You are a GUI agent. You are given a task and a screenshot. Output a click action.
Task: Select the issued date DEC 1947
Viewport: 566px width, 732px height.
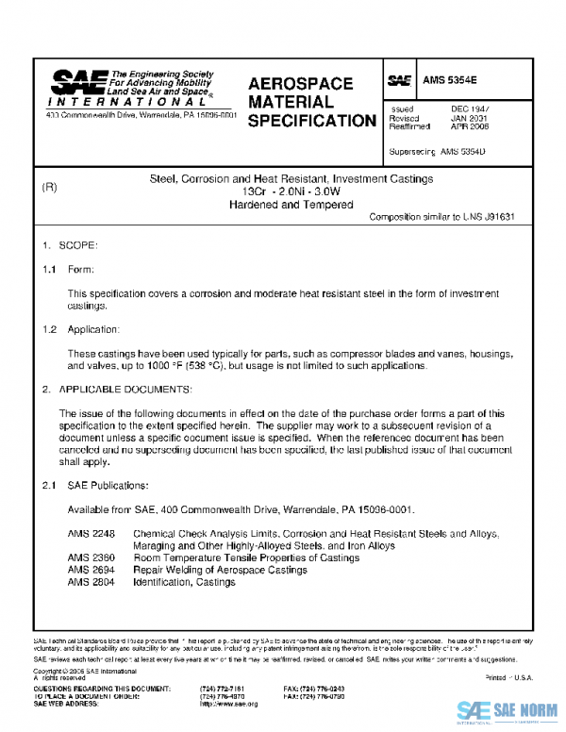coord(467,110)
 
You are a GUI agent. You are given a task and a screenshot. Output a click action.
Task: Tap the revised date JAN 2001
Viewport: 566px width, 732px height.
coord(467,119)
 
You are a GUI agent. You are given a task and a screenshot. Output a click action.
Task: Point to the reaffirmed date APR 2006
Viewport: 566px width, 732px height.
coord(468,127)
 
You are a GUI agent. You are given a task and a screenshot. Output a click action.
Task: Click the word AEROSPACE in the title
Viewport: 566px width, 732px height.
coord(301,84)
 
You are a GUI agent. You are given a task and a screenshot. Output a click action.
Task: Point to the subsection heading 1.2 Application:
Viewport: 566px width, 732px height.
coord(81,330)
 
